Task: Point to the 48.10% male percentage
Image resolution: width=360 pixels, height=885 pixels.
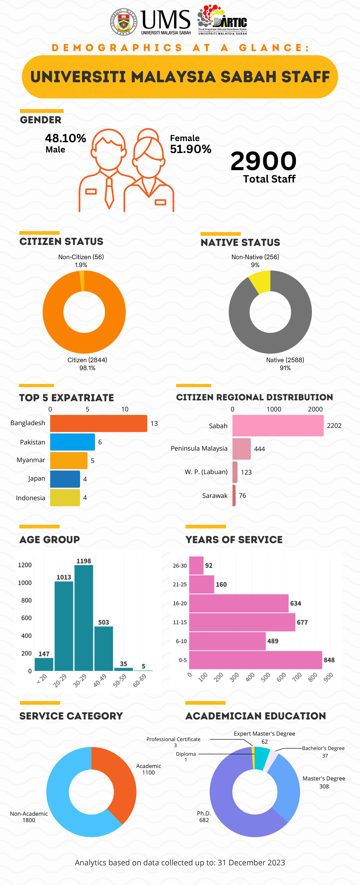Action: pyautogui.click(x=65, y=138)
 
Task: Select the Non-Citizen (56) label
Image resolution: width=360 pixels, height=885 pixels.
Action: pyautogui.click(x=81, y=257)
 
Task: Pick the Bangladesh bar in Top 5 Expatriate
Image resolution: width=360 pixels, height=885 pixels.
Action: pyautogui.click(x=99, y=423)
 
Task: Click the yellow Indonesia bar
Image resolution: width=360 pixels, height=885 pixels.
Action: pyautogui.click(x=65, y=497)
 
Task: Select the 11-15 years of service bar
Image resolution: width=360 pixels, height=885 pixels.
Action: pyautogui.click(x=242, y=622)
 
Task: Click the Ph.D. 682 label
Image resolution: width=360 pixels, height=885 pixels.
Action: pyautogui.click(x=204, y=817)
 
